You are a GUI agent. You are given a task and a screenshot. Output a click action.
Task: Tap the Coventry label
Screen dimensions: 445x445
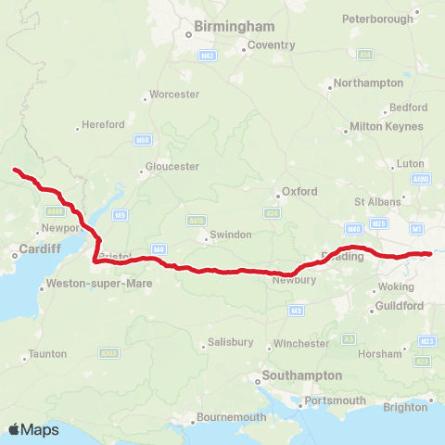point(271,45)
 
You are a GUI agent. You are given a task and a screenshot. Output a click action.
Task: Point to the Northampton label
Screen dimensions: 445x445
point(368,83)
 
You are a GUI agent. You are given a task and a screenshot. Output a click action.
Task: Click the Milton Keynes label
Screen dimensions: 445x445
point(387,126)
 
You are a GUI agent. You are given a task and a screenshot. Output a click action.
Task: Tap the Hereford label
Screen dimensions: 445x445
point(103,124)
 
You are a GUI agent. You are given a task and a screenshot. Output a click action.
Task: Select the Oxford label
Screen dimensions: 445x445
point(299,192)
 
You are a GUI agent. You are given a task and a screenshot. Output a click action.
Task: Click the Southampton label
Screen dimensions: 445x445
point(301,375)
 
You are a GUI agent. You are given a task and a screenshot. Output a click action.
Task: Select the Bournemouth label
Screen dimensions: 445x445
point(231,418)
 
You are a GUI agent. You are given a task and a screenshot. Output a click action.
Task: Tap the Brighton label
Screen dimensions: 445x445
point(406,407)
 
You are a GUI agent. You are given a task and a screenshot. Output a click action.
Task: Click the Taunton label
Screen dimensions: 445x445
point(47,354)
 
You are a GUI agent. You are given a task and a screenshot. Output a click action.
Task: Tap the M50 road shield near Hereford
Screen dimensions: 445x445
point(142,140)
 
